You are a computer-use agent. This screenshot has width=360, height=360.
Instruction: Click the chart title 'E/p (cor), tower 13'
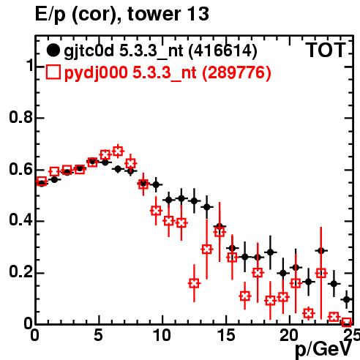click(122, 14)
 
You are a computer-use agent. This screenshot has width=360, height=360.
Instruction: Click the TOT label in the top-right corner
click(326, 50)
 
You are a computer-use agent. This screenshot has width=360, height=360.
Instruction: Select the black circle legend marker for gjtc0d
click(53, 50)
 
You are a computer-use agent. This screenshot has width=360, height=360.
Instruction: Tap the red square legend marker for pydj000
click(53, 72)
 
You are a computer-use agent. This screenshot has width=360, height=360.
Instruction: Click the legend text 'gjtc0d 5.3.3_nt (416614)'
click(160, 51)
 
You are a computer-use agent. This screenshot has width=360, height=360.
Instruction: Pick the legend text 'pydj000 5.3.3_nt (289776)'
click(168, 72)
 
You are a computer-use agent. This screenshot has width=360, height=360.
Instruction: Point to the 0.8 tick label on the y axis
click(21, 117)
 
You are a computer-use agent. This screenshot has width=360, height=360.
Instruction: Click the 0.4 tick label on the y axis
click(21, 220)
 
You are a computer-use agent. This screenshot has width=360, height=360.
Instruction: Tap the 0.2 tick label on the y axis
click(21, 271)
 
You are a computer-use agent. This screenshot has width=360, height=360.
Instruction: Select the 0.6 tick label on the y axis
click(21, 169)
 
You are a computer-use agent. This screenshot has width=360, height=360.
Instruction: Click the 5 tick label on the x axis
click(99, 336)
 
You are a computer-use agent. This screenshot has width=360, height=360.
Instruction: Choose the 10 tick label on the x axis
click(162, 336)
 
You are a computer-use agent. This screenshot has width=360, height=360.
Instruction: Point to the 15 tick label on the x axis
click(226, 336)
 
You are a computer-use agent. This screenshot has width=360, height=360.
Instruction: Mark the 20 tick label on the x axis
click(289, 336)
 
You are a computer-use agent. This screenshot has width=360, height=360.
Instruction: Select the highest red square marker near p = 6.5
click(118, 151)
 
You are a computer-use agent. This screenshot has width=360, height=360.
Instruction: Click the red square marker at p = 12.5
click(194, 283)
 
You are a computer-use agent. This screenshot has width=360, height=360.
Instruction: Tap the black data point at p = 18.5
click(270, 252)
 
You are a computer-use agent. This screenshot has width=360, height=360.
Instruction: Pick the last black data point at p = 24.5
click(347, 299)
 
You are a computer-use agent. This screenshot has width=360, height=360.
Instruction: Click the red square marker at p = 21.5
click(309, 313)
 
